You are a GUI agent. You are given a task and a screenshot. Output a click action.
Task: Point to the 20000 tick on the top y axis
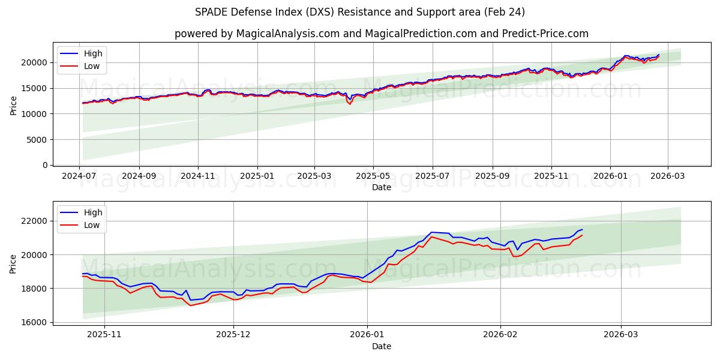[x=35, y=62]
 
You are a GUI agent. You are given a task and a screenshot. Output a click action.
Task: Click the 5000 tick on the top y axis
[x=37, y=140]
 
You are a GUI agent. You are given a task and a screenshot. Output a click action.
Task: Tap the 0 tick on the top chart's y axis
[x=44, y=165]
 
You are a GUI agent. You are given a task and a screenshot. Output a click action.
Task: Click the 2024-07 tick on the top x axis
[x=80, y=177]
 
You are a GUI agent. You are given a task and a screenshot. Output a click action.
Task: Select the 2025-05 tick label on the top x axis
[x=373, y=177]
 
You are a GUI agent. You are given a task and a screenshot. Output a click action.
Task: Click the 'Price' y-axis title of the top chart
[x=14, y=106]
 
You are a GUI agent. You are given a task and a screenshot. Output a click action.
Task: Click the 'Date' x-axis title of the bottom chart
[x=381, y=346]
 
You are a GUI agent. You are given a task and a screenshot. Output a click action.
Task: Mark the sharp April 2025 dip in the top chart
[x=350, y=103]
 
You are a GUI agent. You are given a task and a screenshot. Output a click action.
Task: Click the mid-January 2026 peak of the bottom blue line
[x=431, y=232]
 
